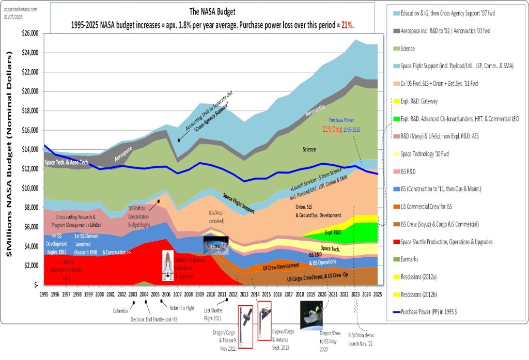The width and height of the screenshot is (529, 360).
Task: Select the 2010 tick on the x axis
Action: click(211, 295)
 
